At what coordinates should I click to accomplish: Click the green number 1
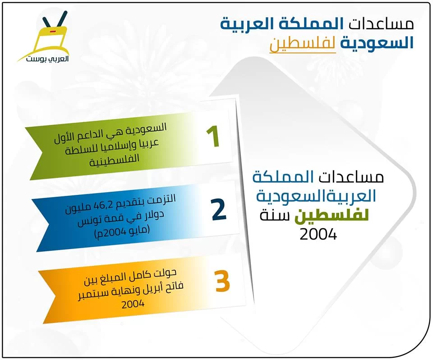point(213,137)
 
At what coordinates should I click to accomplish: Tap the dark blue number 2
point(219,209)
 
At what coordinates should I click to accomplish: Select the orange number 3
point(222,281)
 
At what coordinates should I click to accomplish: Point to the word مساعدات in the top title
point(381,24)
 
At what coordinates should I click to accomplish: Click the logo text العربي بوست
point(47,59)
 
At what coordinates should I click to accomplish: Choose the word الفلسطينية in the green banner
point(114,160)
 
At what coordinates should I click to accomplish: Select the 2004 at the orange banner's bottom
point(133,304)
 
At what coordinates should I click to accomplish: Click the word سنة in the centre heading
point(275,216)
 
